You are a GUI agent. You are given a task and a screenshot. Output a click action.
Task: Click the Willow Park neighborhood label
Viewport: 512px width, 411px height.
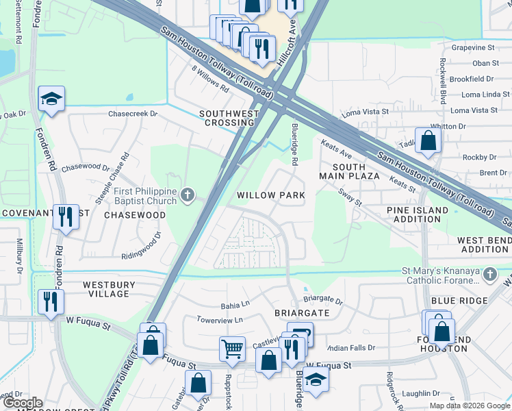click(x=270, y=195)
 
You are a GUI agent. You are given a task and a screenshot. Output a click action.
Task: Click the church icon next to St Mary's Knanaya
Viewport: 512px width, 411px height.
click(x=489, y=275)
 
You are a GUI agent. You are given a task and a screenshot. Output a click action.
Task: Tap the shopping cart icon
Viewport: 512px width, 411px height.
click(x=232, y=348)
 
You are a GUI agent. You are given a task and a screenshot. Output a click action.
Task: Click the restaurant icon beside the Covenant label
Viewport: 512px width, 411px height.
click(x=66, y=216)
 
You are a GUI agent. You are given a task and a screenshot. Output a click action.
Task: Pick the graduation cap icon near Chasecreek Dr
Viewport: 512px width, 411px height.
click(x=51, y=99)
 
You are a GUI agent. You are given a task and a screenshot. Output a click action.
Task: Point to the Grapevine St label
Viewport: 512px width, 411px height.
click(x=473, y=48)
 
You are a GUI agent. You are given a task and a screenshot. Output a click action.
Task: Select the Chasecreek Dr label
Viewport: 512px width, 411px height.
click(x=133, y=114)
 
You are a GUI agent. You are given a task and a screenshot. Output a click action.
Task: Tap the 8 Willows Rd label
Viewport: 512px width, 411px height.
click(x=209, y=79)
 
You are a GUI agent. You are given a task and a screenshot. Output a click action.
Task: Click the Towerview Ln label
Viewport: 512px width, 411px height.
click(x=219, y=320)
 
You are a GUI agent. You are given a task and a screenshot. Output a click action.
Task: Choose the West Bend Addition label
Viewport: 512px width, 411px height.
click(x=483, y=245)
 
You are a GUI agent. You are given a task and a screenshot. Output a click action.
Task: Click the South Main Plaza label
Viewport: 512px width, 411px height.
click(x=349, y=171)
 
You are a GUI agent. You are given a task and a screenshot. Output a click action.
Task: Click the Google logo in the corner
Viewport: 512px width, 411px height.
click(x=22, y=403)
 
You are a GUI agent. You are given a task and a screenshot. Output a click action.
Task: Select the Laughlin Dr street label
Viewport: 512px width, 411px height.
click(x=420, y=393)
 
